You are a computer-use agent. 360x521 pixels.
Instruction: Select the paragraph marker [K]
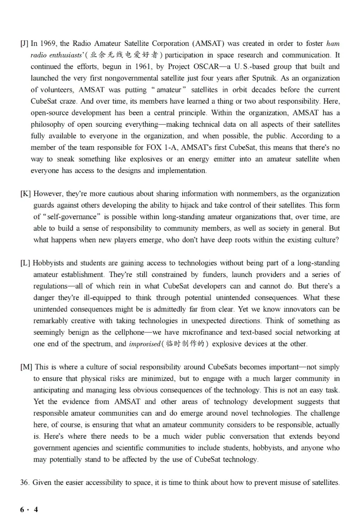(25, 193)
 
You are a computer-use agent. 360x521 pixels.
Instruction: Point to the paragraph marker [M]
(26, 367)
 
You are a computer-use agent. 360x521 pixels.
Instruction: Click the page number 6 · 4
(29, 509)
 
